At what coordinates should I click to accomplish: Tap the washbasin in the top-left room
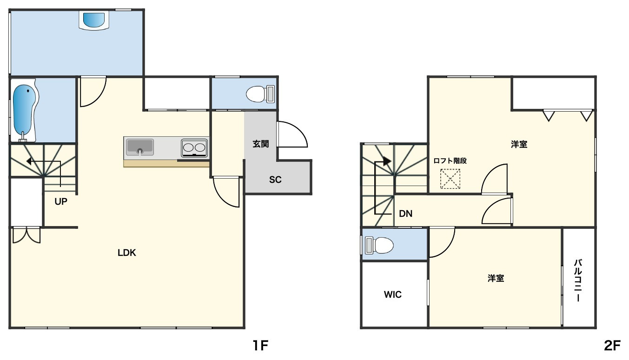pyautogui.click(x=94, y=20)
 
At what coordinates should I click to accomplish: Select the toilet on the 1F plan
pyautogui.click(x=260, y=94)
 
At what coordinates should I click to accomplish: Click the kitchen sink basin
pyautogui.click(x=140, y=147)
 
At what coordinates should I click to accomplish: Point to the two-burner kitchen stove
pyautogui.click(x=194, y=148)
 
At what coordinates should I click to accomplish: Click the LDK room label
pyautogui.click(x=126, y=253)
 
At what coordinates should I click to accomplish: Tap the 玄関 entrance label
pyautogui.click(x=261, y=144)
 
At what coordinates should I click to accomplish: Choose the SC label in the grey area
pyautogui.click(x=275, y=180)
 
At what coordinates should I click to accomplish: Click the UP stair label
pyautogui.click(x=61, y=201)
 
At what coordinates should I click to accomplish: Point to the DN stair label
pyautogui.click(x=406, y=213)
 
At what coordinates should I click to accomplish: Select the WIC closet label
pyautogui.click(x=392, y=294)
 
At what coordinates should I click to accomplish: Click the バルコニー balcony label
pyautogui.click(x=578, y=280)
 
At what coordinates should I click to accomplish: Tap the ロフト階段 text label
pyautogui.click(x=450, y=161)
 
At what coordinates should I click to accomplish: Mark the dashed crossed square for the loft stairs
pyautogui.click(x=450, y=179)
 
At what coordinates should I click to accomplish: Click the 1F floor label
pyautogui.click(x=261, y=346)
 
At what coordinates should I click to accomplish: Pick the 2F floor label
pyautogui.click(x=612, y=346)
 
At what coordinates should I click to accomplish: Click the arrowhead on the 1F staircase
pyautogui.click(x=29, y=161)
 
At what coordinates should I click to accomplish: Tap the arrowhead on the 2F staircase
pyautogui.click(x=387, y=161)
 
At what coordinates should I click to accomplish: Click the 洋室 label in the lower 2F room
pyautogui.click(x=496, y=278)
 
